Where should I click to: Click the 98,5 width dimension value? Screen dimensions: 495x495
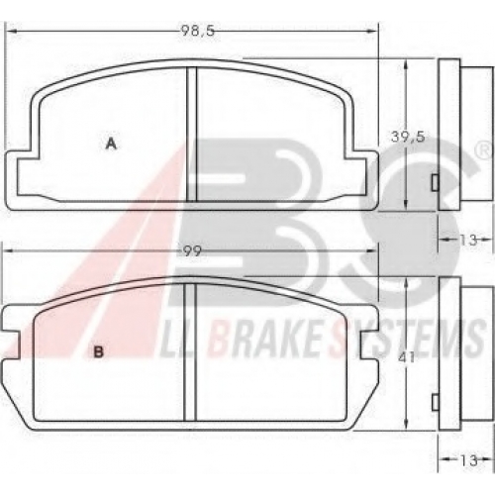tap(197, 31)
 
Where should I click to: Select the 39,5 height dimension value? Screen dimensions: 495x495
tap(408, 137)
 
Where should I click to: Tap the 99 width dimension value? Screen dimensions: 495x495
tap(192, 251)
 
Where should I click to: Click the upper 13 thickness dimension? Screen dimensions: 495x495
tap(468, 240)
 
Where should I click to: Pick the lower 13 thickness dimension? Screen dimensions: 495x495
tap(468, 460)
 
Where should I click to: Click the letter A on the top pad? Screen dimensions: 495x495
tap(111, 144)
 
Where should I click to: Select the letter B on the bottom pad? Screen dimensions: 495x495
tap(99, 352)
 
